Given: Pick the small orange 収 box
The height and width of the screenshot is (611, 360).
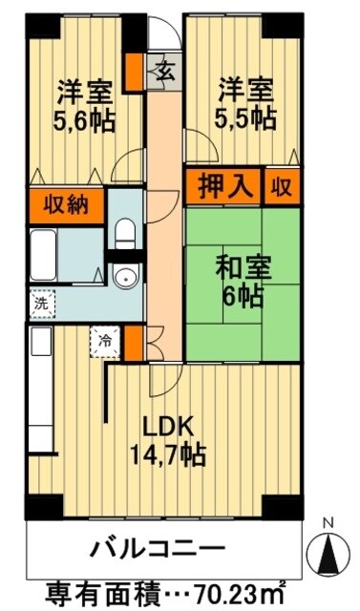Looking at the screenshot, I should click(282, 184).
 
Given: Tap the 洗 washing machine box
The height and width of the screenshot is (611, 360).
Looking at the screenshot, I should click(42, 304).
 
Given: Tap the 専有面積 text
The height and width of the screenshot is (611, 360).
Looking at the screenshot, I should click(94, 589).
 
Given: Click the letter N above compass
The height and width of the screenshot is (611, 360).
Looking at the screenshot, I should click(328, 524).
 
